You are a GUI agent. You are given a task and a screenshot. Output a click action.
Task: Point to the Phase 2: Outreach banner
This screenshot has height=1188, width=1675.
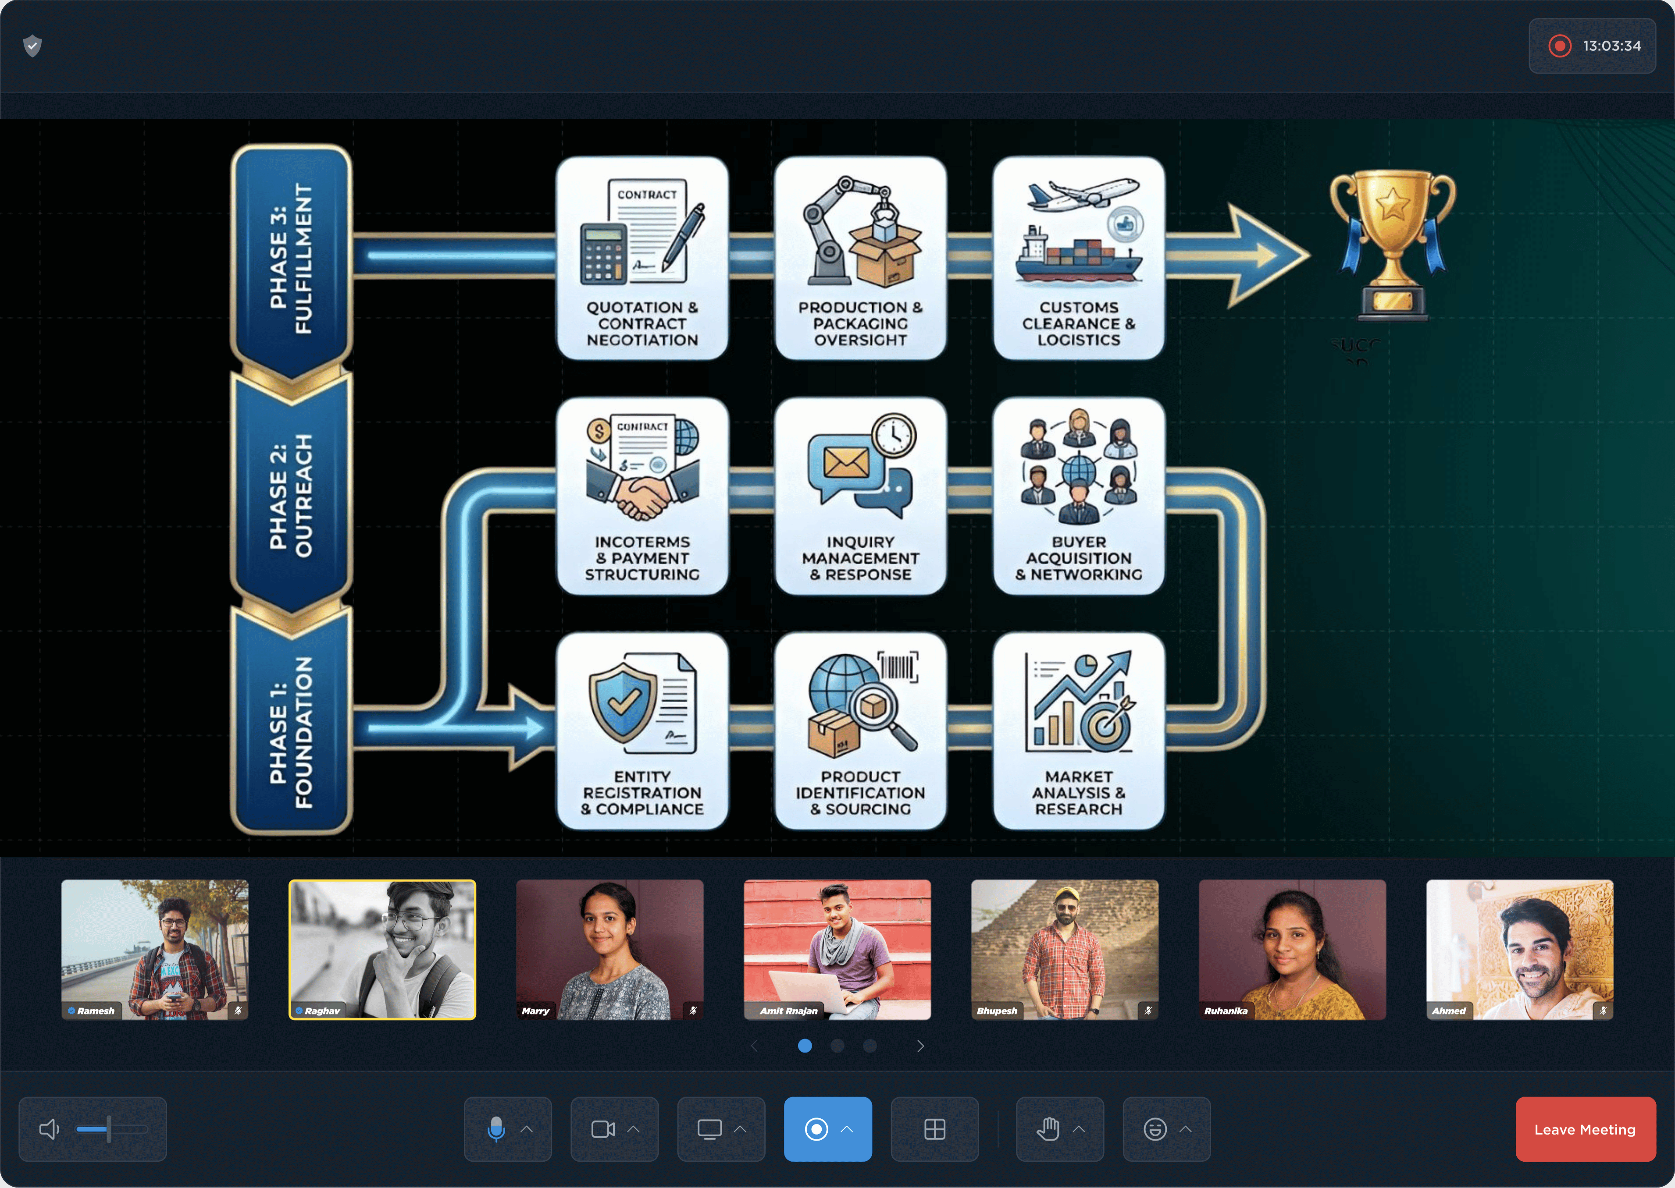pos(291,495)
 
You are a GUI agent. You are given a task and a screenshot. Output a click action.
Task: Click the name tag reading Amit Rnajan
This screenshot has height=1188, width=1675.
pos(788,1010)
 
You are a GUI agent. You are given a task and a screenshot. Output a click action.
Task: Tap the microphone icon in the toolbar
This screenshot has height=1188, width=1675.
pos(496,1129)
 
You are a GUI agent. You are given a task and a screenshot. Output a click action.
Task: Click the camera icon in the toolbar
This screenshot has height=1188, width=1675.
pos(602,1129)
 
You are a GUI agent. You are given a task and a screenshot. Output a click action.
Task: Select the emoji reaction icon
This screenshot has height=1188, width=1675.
pos(1155,1129)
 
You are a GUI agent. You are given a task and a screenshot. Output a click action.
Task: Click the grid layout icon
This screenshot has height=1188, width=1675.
pos(934,1129)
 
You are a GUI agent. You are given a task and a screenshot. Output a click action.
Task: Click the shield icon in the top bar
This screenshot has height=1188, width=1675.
pos(32,46)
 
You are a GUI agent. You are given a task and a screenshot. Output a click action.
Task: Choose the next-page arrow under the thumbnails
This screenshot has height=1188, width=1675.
pos(920,1046)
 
